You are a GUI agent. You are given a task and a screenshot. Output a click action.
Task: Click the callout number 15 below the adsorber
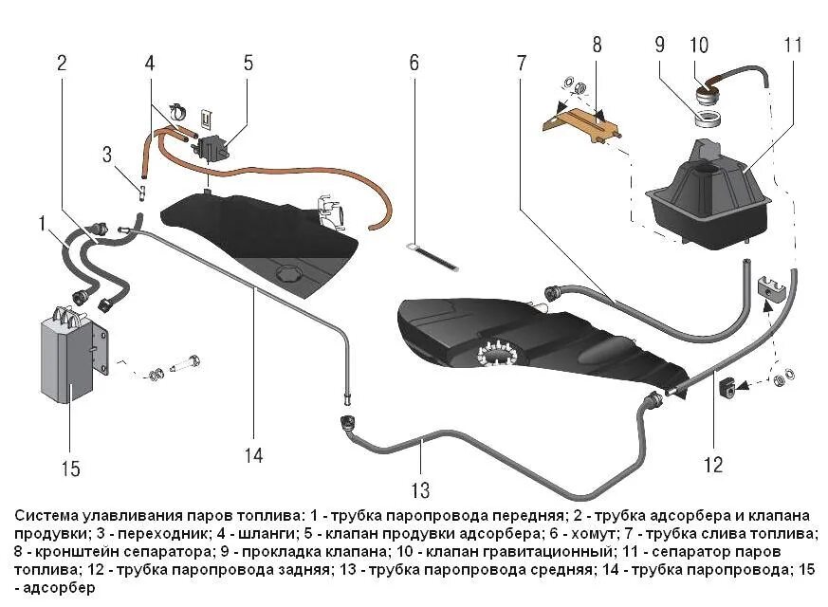coord(72,469)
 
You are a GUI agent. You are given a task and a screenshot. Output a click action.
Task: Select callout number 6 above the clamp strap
coord(414,64)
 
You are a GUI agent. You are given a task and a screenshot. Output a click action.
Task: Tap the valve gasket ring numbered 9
coord(708,118)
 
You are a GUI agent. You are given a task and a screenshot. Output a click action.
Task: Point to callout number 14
coord(252,455)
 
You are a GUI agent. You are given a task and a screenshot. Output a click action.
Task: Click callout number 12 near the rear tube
coord(713,465)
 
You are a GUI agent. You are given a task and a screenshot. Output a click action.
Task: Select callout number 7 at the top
coord(521,64)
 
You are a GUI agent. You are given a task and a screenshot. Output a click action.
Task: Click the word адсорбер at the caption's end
coord(55,588)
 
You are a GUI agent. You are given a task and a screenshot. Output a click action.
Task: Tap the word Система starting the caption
coord(44,516)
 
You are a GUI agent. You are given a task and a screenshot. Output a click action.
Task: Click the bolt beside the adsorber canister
coord(185,362)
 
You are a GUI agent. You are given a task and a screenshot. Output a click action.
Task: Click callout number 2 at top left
coord(62,64)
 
